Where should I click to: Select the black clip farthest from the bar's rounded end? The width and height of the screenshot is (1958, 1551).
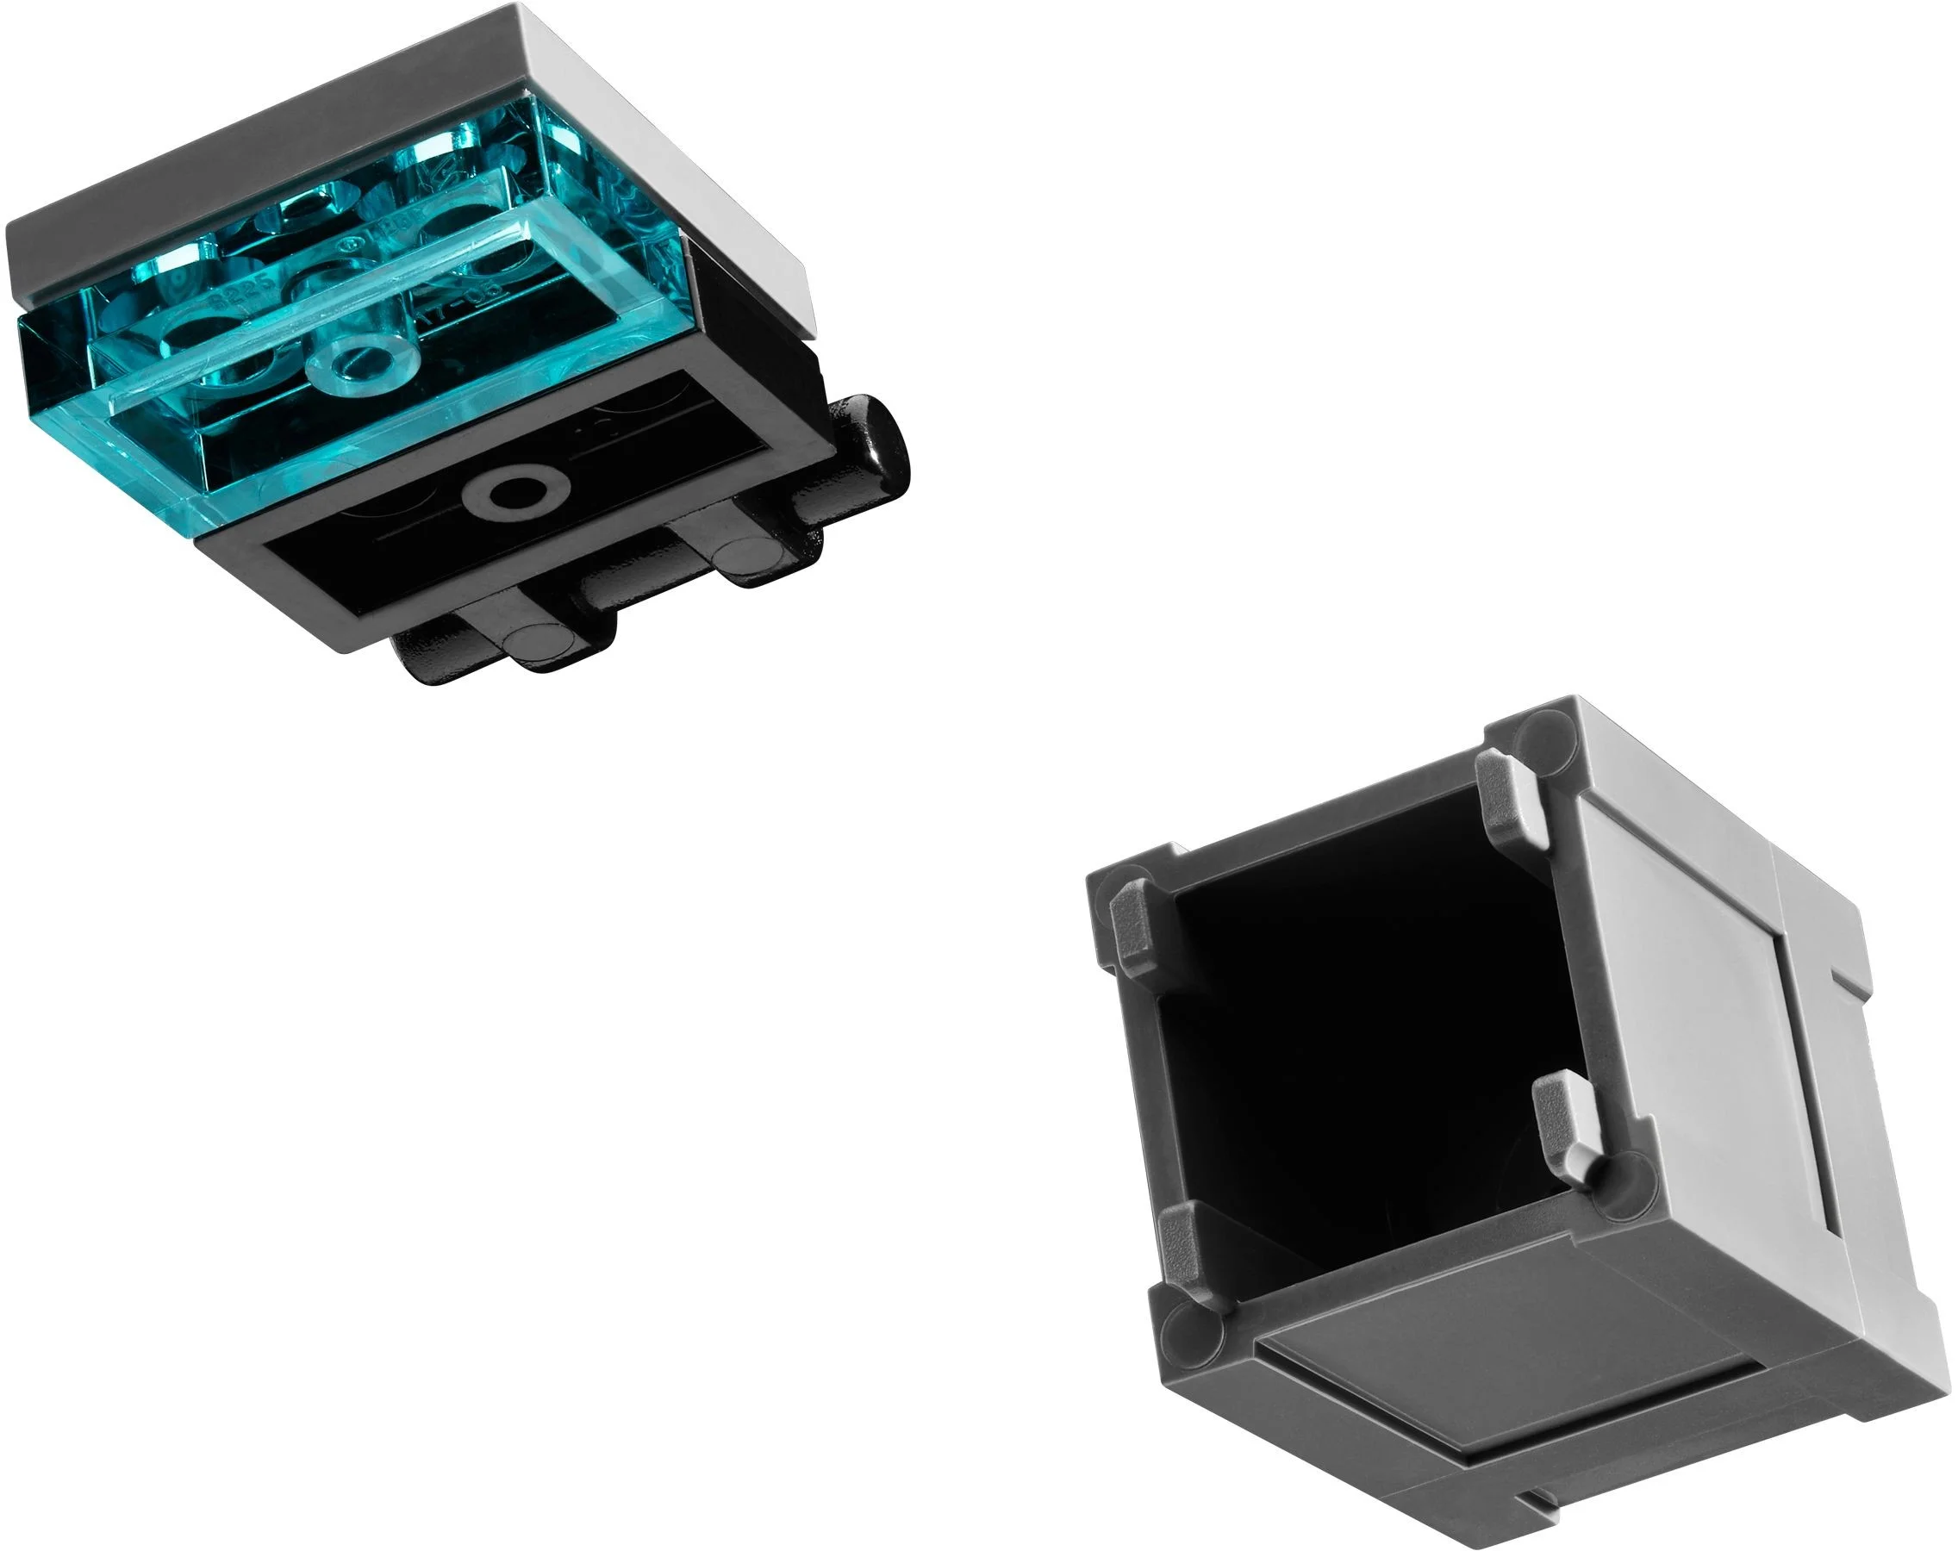[x=545, y=639]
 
